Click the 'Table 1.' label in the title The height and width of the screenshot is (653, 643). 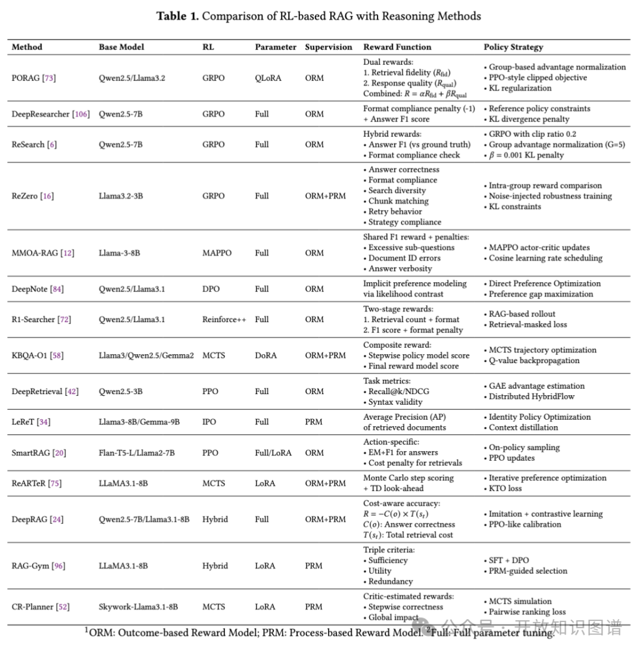177,17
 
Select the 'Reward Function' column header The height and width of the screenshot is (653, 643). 397,47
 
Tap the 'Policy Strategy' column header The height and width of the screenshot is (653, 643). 513,47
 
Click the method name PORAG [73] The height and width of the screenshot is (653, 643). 34,77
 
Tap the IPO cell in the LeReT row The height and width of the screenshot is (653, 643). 208,422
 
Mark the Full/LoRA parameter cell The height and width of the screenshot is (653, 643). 273,452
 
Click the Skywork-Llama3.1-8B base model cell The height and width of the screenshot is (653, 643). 138,607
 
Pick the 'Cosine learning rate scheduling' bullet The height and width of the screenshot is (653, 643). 545,258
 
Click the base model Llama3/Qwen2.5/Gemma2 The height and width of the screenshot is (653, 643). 146,355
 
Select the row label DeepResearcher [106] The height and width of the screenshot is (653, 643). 51,114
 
